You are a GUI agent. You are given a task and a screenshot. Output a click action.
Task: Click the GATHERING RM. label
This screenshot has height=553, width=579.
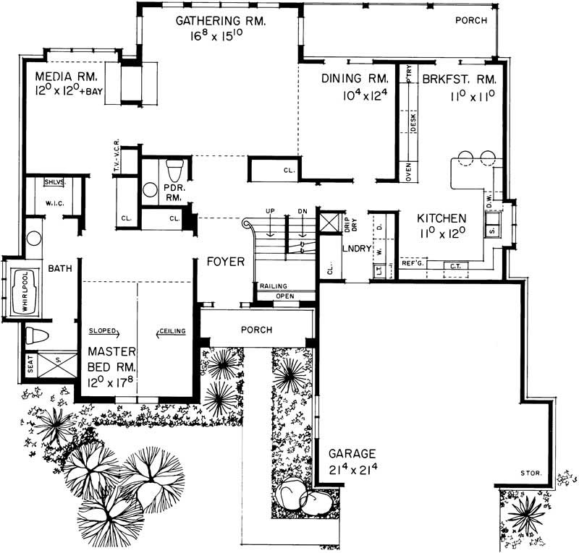click(221, 22)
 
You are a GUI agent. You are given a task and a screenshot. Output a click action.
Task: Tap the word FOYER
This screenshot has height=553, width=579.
click(225, 262)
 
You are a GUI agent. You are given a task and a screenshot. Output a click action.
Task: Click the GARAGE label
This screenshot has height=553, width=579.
click(352, 454)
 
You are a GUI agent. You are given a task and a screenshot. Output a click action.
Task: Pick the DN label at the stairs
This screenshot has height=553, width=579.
click(303, 211)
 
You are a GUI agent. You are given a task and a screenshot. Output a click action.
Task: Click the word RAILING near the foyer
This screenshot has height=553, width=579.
click(274, 286)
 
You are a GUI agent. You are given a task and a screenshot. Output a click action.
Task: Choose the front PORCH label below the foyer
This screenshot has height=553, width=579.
click(256, 330)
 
